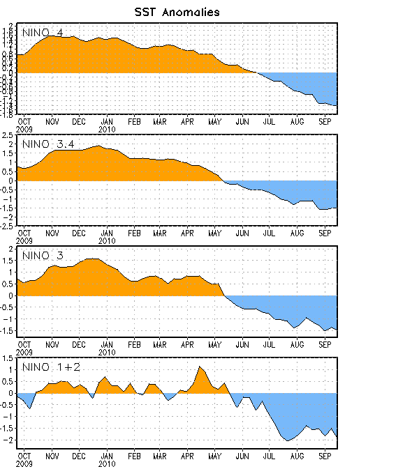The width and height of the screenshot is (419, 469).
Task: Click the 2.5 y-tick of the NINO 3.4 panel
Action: tap(8, 135)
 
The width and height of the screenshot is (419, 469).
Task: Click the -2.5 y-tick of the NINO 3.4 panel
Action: tap(7, 226)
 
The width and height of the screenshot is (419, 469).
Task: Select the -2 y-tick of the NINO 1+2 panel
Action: tap(8, 440)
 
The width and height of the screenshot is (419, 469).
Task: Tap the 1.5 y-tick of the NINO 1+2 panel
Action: tap(8, 358)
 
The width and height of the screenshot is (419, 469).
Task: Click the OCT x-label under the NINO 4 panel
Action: tap(24, 121)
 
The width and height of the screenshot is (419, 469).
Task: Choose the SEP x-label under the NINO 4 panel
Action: tap(325, 121)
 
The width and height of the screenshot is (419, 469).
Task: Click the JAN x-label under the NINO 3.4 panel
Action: tap(106, 233)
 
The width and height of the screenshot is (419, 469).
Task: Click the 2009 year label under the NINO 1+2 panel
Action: tap(25, 463)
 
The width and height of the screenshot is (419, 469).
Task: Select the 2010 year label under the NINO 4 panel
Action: tap(106, 128)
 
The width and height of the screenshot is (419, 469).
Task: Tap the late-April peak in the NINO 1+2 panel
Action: tap(200, 367)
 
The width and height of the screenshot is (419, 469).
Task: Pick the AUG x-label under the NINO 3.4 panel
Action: tap(297, 233)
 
